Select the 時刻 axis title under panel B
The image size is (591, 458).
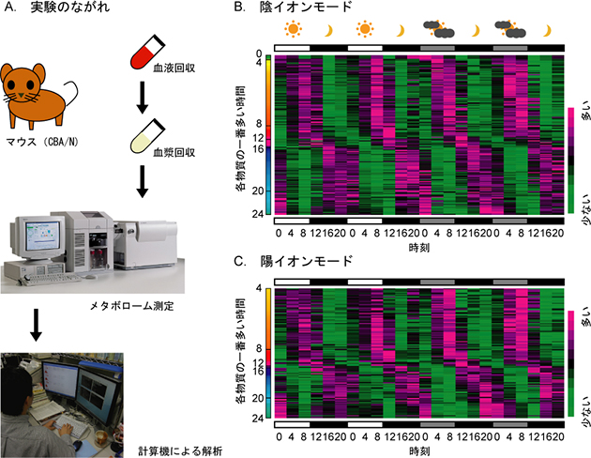pyautogui.click(x=417, y=247)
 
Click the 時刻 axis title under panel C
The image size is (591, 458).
pyautogui.click(x=417, y=450)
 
